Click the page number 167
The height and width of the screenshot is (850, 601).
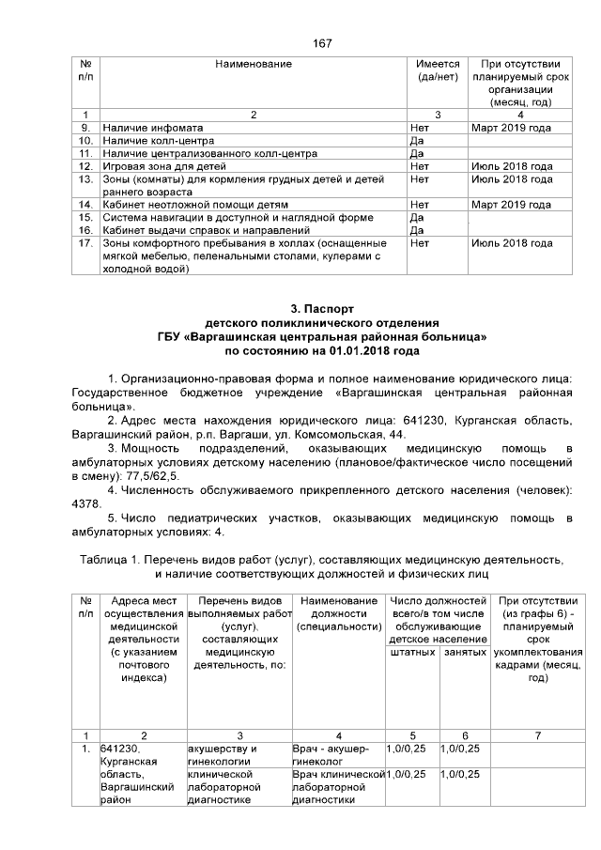coord(322,43)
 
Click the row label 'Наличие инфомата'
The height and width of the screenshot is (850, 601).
coord(153,127)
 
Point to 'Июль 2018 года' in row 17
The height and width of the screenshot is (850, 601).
coord(511,242)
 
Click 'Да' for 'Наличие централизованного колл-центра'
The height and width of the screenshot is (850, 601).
coord(418,152)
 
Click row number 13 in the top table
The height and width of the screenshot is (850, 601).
coord(85,178)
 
